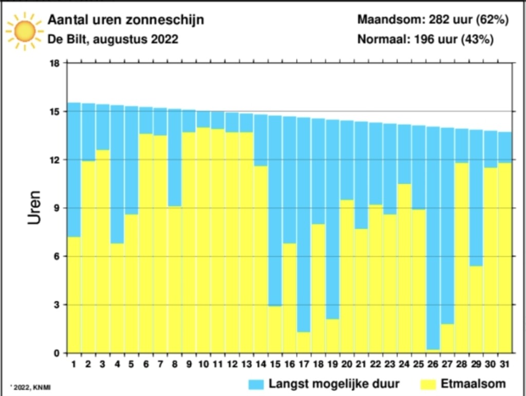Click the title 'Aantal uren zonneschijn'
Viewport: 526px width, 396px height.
point(125,20)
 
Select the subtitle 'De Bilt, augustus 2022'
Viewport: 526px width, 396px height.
point(112,39)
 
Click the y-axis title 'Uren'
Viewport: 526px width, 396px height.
point(34,208)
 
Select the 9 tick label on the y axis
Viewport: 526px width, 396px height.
point(57,208)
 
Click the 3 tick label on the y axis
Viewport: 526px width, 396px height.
point(57,305)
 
